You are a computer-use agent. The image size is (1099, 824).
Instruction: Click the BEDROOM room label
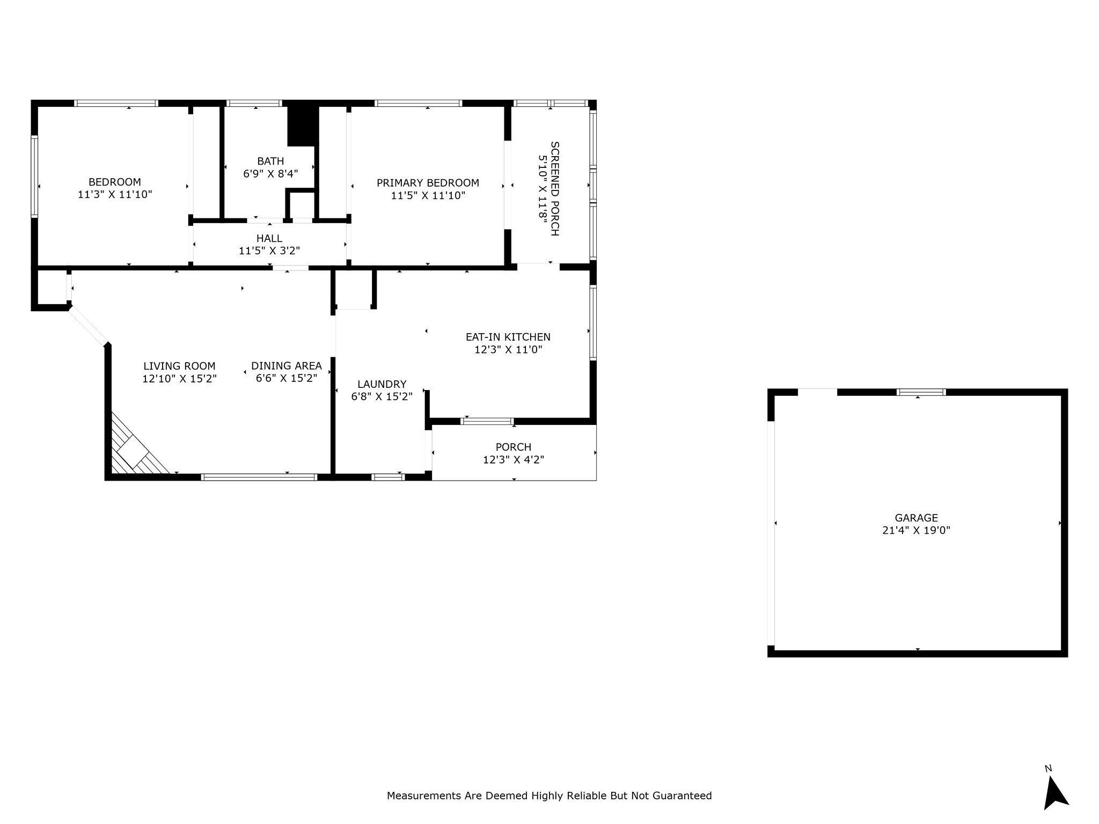point(114,182)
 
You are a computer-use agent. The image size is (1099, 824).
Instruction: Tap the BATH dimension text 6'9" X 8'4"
point(270,174)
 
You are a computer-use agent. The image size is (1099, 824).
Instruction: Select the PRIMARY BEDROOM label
point(428,183)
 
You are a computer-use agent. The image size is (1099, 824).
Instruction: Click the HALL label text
point(269,238)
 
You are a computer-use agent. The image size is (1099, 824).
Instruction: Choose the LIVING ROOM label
point(179,366)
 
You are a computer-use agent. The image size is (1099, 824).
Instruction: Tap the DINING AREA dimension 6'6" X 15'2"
point(287,378)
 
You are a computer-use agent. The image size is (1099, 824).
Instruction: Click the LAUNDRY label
point(382,385)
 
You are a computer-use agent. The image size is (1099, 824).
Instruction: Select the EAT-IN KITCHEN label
point(508,337)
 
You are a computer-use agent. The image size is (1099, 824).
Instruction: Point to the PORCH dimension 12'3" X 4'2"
point(514,460)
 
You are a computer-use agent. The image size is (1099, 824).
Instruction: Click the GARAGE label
point(916,518)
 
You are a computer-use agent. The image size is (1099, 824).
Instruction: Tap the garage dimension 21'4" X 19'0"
point(916,531)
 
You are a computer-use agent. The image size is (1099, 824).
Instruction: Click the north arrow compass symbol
point(1055,794)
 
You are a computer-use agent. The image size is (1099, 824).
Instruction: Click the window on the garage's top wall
point(921,392)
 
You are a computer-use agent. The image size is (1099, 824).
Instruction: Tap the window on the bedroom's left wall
point(35,176)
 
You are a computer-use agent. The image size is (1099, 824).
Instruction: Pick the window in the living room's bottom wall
point(259,477)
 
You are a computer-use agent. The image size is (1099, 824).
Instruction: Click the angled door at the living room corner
point(89,326)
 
